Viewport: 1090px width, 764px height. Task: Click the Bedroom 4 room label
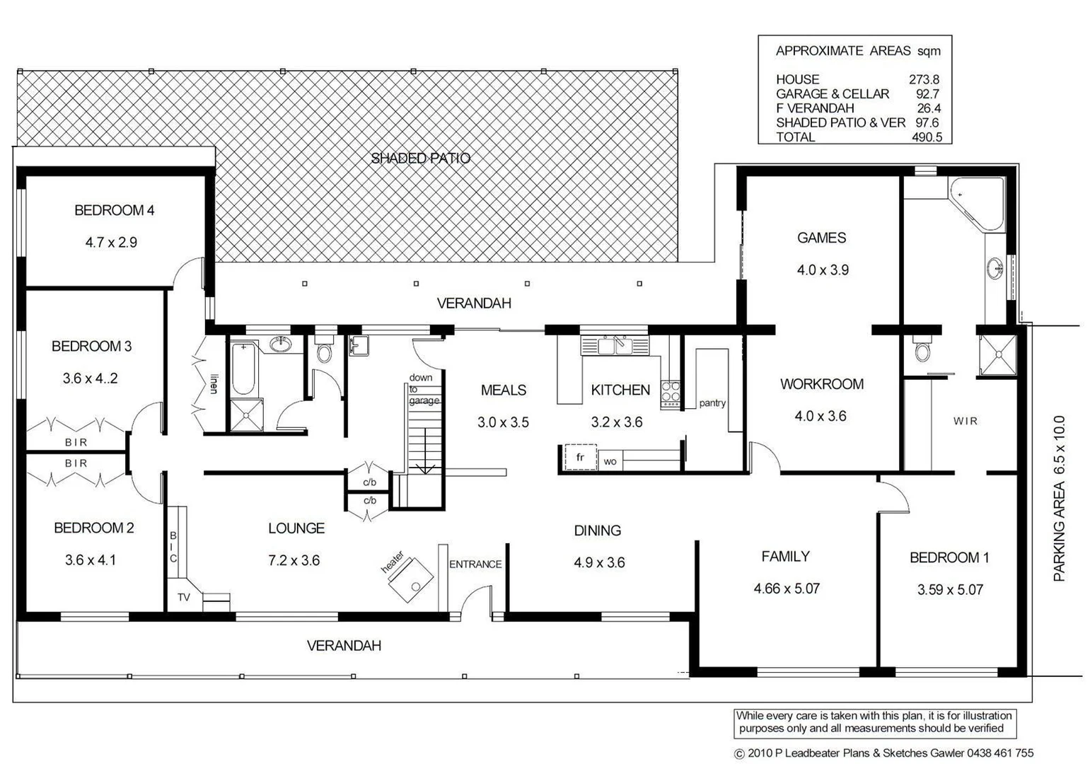(x=114, y=210)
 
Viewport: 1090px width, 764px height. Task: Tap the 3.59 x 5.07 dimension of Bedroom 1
(x=950, y=589)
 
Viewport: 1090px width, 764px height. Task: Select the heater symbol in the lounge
(x=410, y=579)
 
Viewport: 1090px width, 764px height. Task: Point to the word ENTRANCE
(x=475, y=564)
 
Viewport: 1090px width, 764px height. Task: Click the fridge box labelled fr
(x=580, y=458)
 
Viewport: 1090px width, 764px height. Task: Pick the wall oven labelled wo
(x=610, y=462)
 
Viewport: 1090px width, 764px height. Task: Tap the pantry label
(x=712, y=403)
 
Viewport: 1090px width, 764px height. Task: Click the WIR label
(x=965, y=421)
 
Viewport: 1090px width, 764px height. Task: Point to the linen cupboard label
(x=213, y=383)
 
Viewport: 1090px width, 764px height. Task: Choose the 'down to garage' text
(x=424, y=389)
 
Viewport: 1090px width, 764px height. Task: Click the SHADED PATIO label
(x=420, y=158)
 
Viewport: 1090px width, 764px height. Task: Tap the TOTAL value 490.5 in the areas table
(x=927, y=137)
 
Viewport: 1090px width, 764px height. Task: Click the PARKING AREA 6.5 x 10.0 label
(x=1059, y=499)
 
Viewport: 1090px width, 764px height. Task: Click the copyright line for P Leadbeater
(x=883, y=753)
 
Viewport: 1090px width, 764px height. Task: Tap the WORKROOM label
(x=821, y=384)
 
